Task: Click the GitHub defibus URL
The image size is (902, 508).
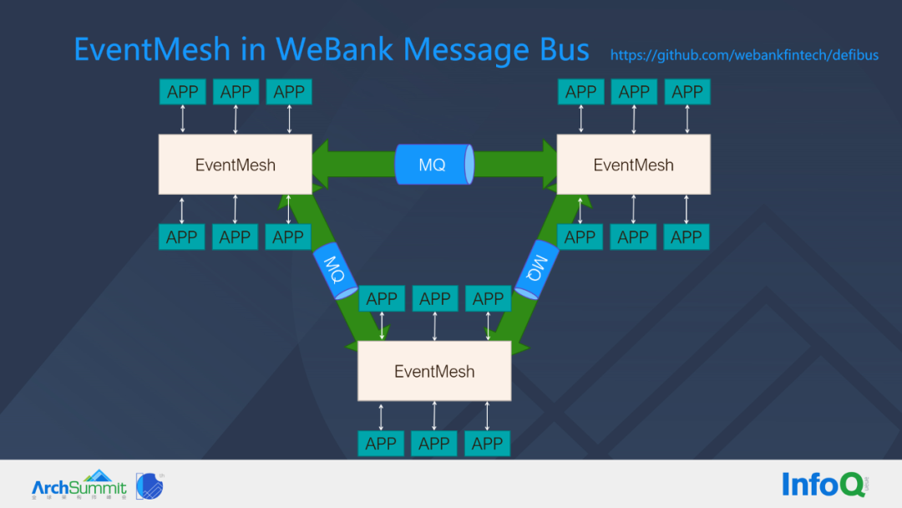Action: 744,55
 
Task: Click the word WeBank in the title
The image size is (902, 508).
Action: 335,49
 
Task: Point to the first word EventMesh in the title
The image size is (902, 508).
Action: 151,49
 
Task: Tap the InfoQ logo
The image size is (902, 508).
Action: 823,484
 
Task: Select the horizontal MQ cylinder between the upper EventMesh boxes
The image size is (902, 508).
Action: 433,165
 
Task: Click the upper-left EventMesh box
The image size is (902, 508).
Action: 235,165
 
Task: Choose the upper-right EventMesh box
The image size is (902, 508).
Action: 633,165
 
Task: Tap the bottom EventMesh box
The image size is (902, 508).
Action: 434,371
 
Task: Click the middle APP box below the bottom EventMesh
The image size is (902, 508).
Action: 434,444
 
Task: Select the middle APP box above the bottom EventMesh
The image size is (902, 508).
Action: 434,298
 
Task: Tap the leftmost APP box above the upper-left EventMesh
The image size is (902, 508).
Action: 182,92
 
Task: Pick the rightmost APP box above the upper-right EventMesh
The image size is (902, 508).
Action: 687,92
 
